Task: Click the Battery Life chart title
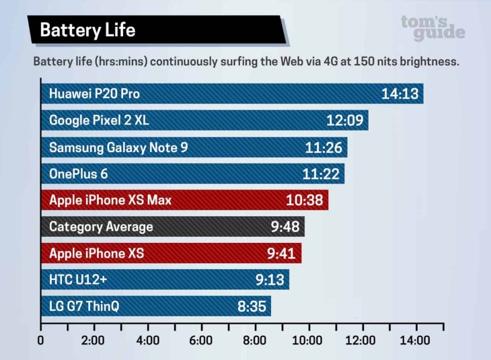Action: (x=87, y=30)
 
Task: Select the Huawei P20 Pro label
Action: (x=94, y=94)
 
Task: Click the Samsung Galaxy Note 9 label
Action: (x=118, y=147)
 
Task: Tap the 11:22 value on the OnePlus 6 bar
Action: (x=321, y=174)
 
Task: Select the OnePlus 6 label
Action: (x=78, y=174)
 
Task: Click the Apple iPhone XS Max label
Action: (x=110, y=201)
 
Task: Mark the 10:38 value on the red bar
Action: (x=305, y=201)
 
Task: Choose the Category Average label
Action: (x=101, y=227)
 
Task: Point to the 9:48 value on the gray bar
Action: (x=285, y=227)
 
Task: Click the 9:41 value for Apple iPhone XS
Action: (x=281, y=254)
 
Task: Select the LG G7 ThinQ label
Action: (x=84, y=307)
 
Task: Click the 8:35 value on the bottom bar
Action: (x=251, y=307)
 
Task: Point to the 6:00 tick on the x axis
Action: (x=201, y=340)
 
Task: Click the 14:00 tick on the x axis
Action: (x=415, y=340)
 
